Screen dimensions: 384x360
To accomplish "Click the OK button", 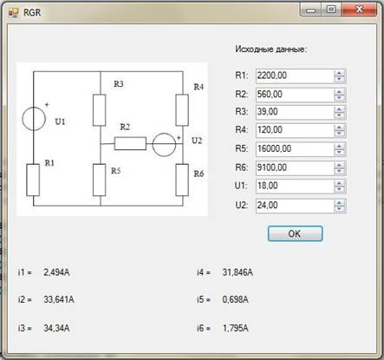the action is tap(295, 233).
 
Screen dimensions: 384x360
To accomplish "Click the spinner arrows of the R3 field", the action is tap(340, 112).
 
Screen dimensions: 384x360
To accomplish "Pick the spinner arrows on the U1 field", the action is tap(340, 187).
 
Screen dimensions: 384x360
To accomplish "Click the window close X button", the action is tap(359, 10).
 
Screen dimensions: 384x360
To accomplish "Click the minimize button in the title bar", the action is tap(310, 10).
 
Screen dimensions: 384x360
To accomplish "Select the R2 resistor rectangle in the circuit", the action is tap(130, 143).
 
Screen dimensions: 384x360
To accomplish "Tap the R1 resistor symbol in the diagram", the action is tap(33, 180).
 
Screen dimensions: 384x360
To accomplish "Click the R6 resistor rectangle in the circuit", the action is tap(182, 180).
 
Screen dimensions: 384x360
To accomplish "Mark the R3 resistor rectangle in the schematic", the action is tap(100, 110).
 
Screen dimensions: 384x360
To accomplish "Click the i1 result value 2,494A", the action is tap(56, 272).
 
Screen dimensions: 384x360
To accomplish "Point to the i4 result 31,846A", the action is tap(238, 272).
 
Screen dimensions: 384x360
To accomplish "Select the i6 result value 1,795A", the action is tap(236, 328).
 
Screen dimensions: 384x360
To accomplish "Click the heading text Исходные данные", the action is tap(270, 49).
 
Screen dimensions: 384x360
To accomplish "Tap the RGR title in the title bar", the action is tap(32, 12).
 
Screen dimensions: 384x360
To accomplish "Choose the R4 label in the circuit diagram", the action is tap(199, 87).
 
